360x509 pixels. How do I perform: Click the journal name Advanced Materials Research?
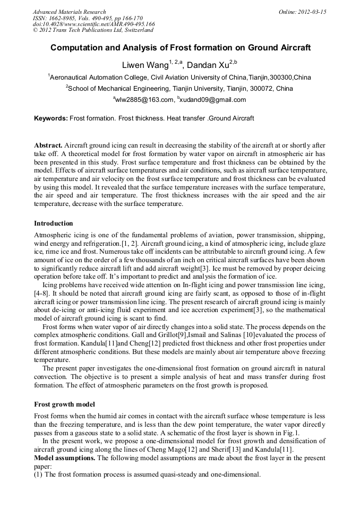(x=69, y=12)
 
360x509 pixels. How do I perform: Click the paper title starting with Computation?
(x=180, y=48)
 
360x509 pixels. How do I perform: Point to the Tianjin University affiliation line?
(x=180, y=89)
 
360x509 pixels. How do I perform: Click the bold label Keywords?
(x=51, y=118)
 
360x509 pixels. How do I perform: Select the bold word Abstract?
(x=48, y=145)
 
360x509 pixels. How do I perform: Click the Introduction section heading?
(x=54, y=223)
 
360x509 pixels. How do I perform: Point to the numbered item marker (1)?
(x=38, y=474)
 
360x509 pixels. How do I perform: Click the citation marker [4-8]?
(x=42, y=292)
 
